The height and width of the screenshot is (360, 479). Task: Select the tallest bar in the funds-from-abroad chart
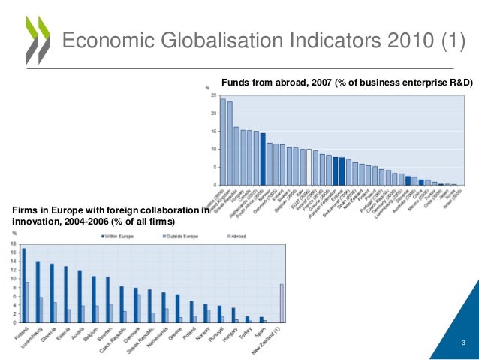click(223, 141)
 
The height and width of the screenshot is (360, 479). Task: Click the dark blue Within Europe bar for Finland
click(23, 285)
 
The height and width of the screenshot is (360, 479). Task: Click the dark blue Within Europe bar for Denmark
click(136, 304)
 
